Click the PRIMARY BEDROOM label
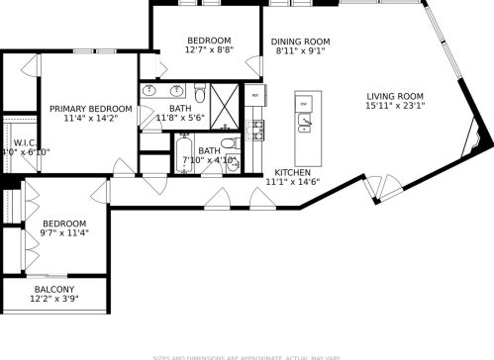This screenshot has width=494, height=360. tap(84, 109)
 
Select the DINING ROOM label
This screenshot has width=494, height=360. tap(300, 42)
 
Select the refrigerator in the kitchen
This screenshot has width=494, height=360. tap(254, 96)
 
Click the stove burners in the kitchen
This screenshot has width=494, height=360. tap(258, 130)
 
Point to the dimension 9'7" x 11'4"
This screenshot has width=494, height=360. tap(63, 234)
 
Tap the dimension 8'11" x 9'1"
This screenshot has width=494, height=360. tap(300, 53)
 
